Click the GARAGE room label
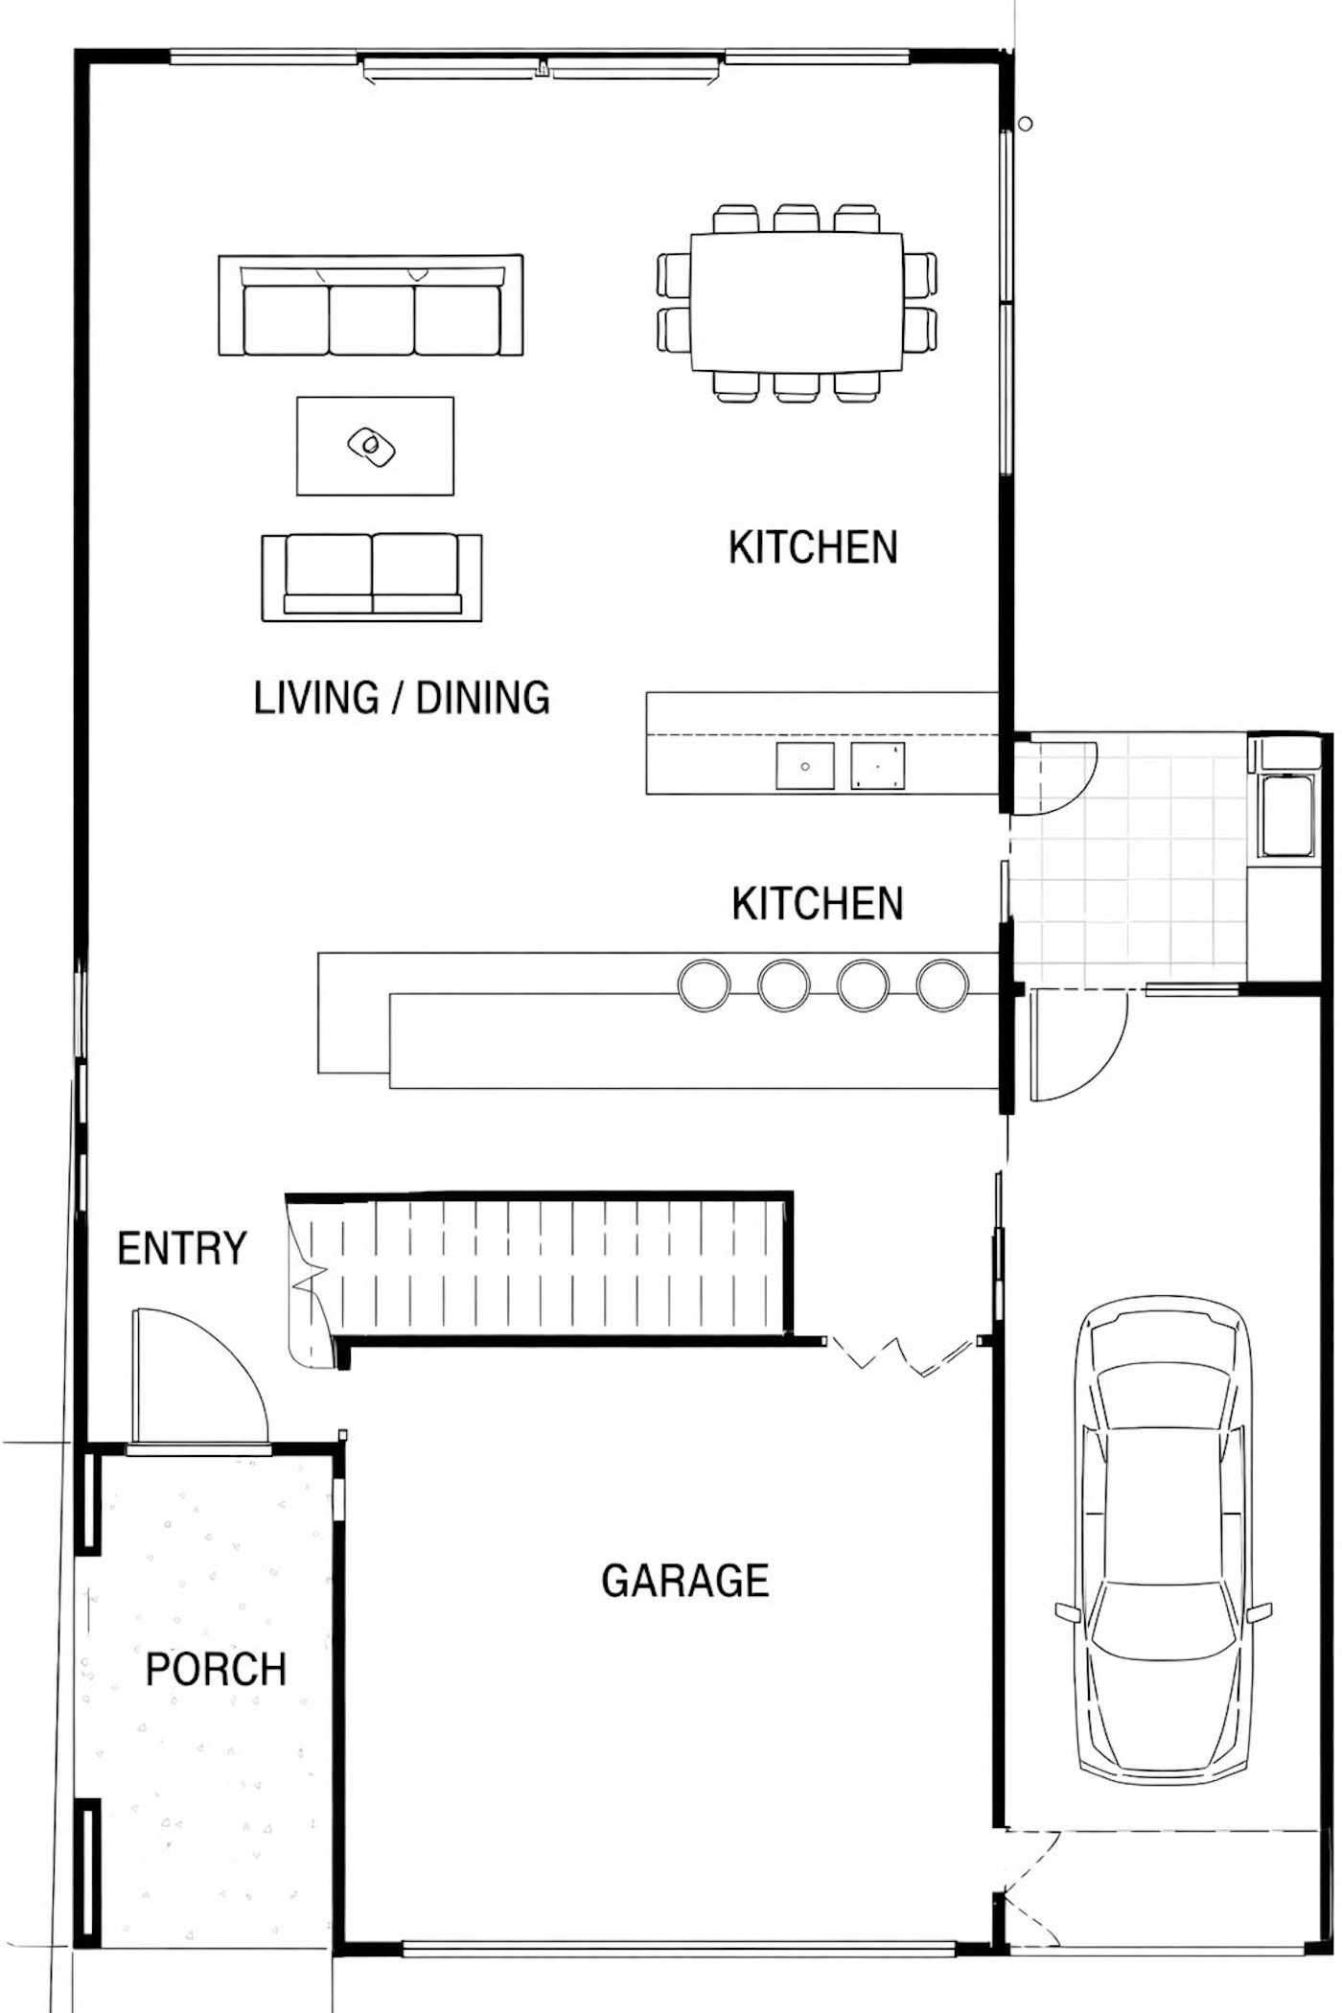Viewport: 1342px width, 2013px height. pos(685,1581)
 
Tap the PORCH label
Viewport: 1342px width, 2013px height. pos(216,1669)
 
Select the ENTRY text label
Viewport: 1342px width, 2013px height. pos(182,1248)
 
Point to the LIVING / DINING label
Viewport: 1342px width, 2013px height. pos(402,697)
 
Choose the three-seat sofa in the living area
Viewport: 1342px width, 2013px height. pos(371,306)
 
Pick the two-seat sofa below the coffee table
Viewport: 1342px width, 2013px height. pos(372,577)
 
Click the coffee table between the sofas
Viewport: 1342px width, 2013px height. pos(375,446)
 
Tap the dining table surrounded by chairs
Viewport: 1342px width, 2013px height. pos(797,302)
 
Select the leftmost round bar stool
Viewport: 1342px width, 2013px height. pos(704,984)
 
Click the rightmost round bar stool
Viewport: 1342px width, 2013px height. pos(943,984)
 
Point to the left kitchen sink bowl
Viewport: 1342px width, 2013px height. pos(805,766)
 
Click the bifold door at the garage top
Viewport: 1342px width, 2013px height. pos(904,1354)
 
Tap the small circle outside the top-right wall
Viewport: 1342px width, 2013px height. pos(1025,124)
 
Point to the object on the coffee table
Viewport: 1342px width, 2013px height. pos(372,446)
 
